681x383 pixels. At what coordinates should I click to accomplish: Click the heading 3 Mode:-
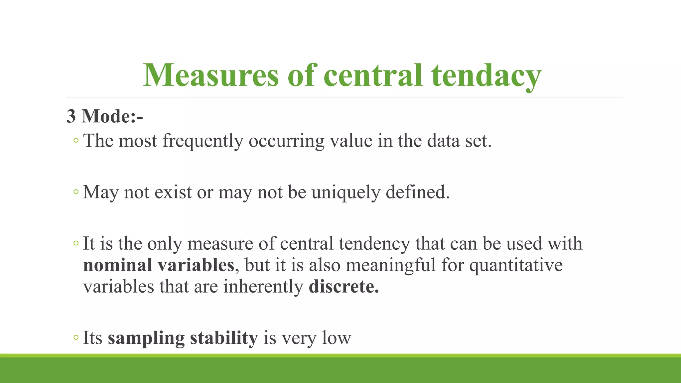click(105, 116)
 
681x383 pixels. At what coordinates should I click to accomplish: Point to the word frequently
click(203, 141)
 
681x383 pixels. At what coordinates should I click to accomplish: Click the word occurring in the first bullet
click(286, 141)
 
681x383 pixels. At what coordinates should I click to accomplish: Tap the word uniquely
click(346, 192)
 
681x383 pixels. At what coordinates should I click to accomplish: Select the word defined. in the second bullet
click(418, 192)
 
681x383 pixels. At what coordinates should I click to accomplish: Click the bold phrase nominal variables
click(159, 265)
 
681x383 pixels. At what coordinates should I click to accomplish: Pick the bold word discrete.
click(344, 287)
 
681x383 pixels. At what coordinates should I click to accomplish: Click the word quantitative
click(516, 265)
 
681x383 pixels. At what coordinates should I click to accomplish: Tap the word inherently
click(263, 287)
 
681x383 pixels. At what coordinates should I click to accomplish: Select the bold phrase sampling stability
click(183, 338)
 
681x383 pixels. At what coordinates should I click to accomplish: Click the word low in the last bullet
click(337, 338)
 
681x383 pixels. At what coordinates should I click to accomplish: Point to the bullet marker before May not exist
click(76, 192)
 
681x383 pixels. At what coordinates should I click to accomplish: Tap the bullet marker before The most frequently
click(76, 141)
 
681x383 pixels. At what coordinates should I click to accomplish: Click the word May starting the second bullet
click(100, 192)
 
